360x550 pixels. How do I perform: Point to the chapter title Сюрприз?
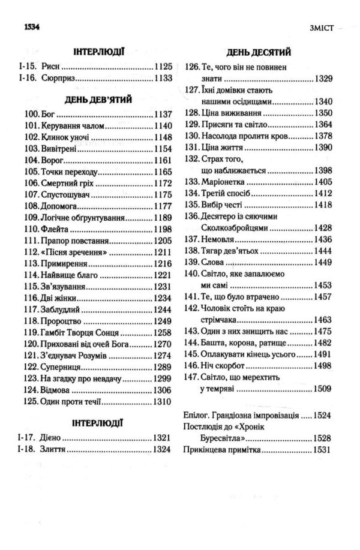[x=59, y=78]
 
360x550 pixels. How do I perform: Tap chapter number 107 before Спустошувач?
[x=32, y=194]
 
